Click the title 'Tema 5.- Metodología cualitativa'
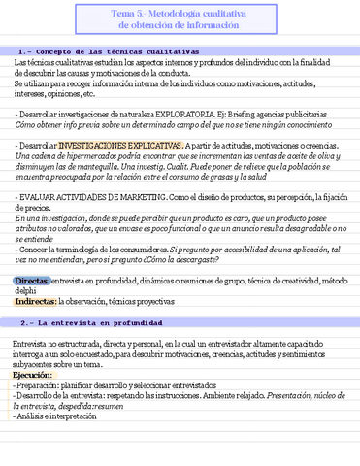[x=179, y=12]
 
